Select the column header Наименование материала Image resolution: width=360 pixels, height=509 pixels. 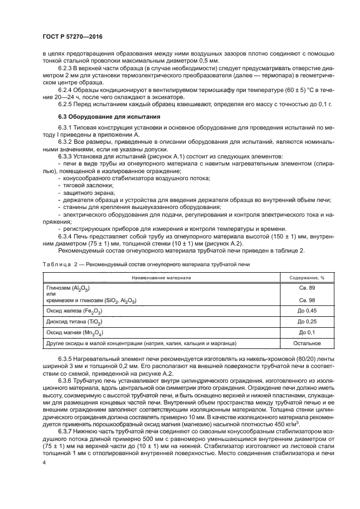[x=160, y=277]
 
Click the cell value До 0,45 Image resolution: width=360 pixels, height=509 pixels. [x=307, y=311]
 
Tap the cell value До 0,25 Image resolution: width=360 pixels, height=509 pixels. [x=307, y=322]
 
